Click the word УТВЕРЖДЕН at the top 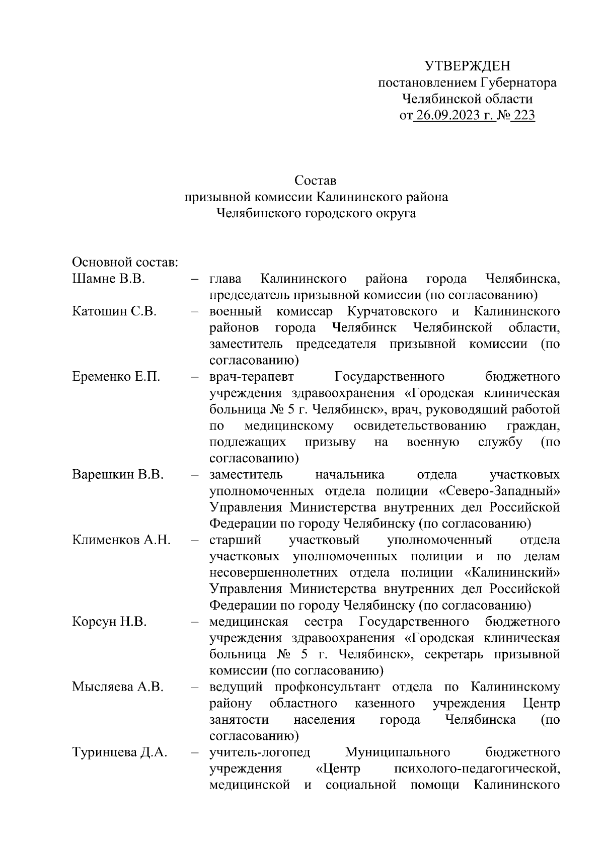coord(468,66)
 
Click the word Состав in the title coord(316,180)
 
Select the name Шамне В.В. coord(109,279)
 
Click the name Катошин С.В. coord(114,311)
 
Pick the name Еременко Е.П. coord(116,377)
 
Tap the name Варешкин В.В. coord(118,475)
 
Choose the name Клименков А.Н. coord(121,540)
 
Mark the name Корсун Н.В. coord(109,622)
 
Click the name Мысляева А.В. coord(118,687)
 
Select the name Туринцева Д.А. coord(120,752)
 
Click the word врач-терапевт coord(252,377)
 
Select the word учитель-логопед coord(260,752)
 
